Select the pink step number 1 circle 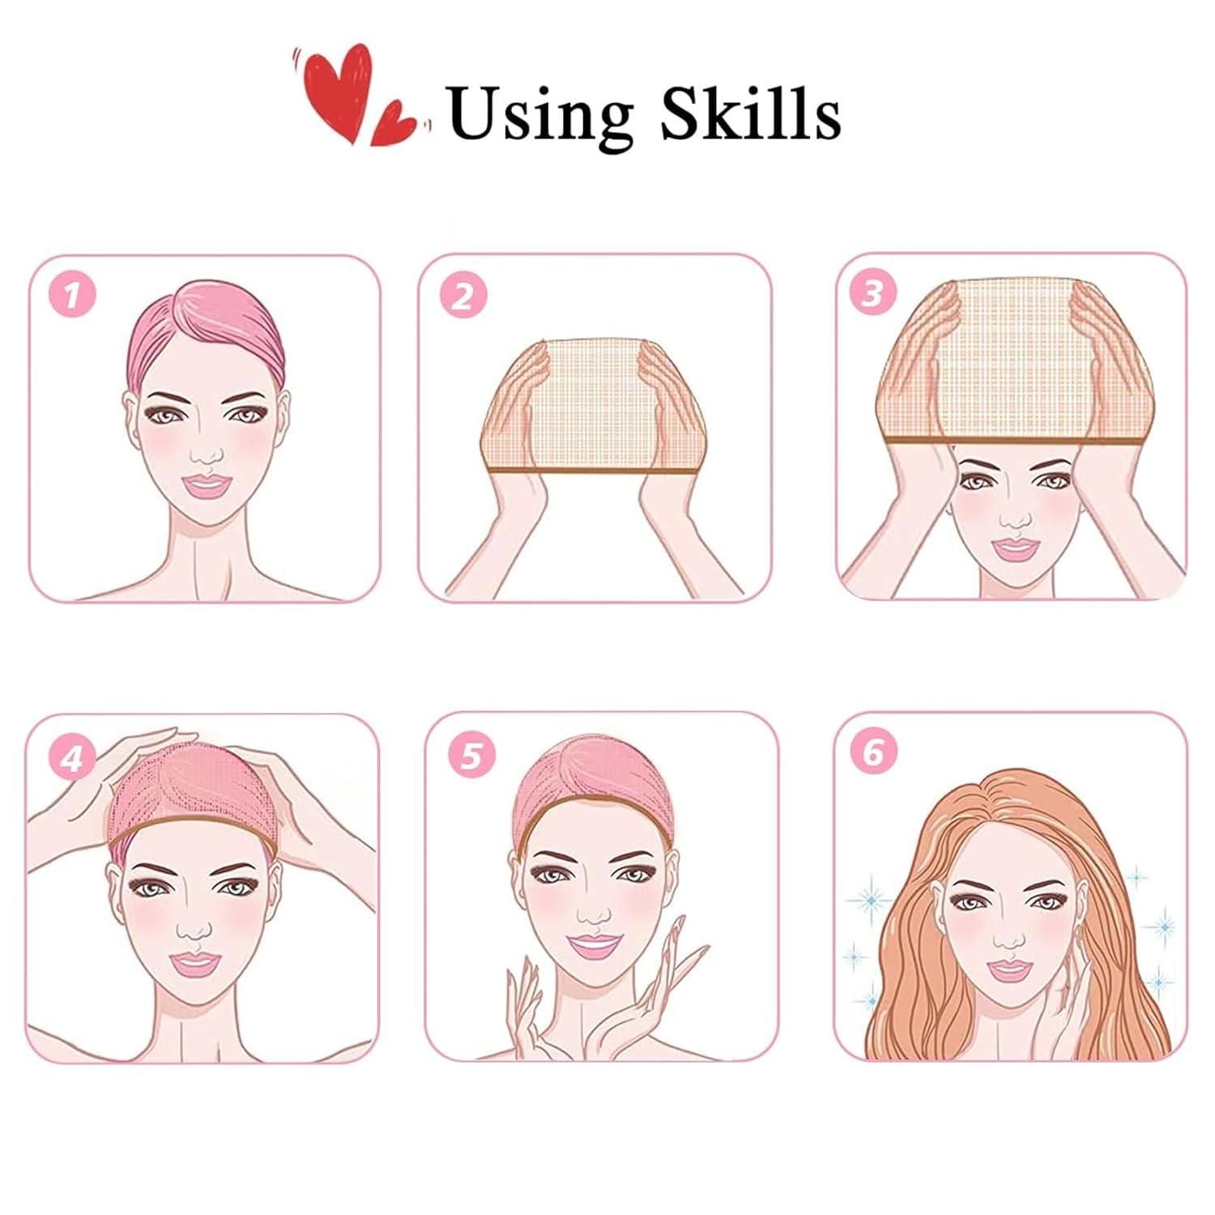click(x=73, y=296)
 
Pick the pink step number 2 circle click(x=463, y=296)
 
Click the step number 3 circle click(x=872, y=293)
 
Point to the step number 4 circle click(x=72, y=759)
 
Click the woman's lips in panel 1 click(x=206, y=487)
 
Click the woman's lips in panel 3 click(x=1014, y=549)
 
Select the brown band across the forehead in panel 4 click(x=194, y=833)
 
